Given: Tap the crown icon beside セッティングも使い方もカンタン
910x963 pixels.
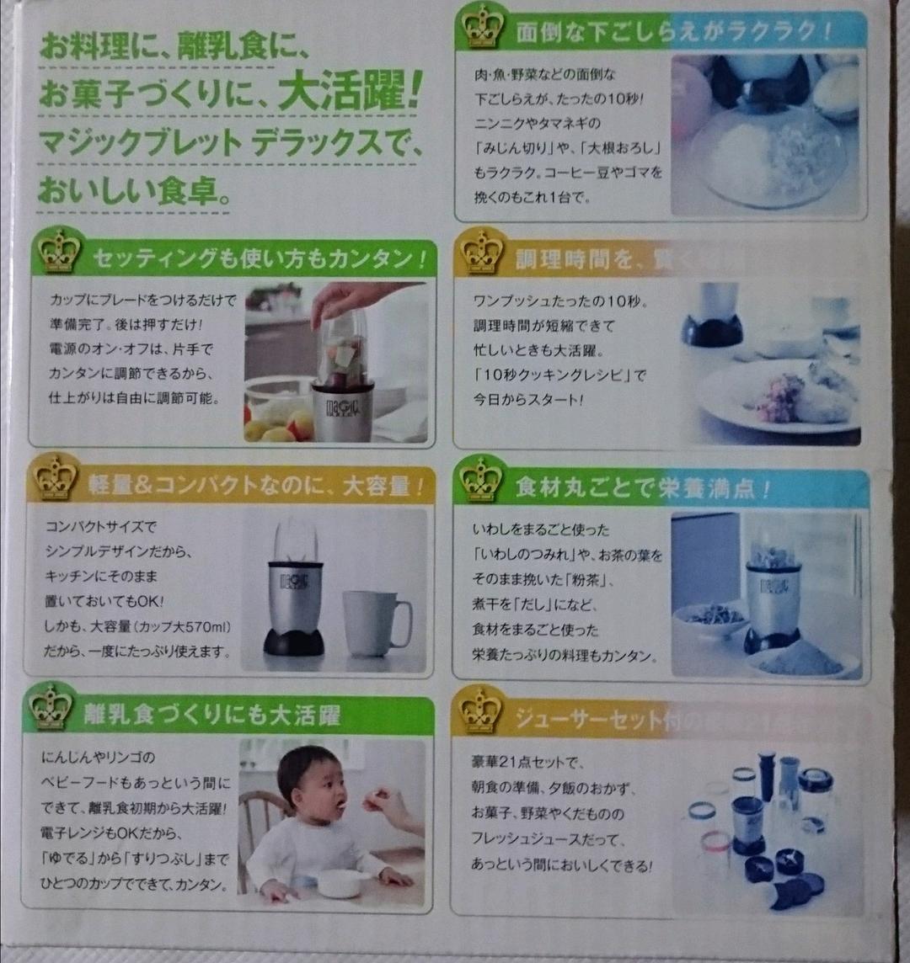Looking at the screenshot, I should [59, 252].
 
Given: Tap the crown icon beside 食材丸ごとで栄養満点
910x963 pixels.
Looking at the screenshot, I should [481, 480].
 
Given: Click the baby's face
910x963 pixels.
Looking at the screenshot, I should [324, 796].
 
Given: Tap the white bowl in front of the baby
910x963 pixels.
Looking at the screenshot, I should [342, 882].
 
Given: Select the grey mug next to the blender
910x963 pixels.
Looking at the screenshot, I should [374, 623].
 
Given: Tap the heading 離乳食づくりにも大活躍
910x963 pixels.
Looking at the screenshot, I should [211, 716].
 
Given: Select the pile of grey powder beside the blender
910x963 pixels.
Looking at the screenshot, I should [800, 657].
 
